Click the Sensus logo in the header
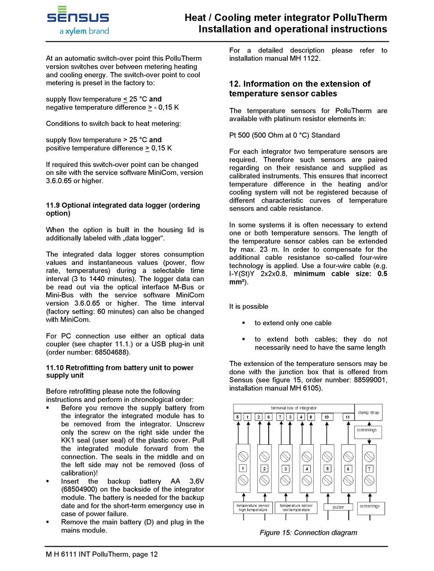point(78,21)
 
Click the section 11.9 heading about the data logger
point(123,209)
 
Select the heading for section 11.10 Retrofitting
point(120,372)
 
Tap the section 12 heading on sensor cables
point(299,89)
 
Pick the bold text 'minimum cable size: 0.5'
point(340,274)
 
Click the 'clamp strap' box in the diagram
point(368,413)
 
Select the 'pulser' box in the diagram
point(338,507)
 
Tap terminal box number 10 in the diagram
point(327,417)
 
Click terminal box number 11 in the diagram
point(348,417)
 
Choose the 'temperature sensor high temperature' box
point(253,507)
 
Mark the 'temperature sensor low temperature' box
point(296,507)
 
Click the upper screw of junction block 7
point(369,456)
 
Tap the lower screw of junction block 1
point(243,480)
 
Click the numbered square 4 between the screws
point(307,469)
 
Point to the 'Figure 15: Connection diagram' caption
point(308,533)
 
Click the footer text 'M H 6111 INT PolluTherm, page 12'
point(102,554)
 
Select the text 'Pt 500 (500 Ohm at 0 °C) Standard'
point(285,135)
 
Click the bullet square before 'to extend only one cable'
point(244,323)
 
